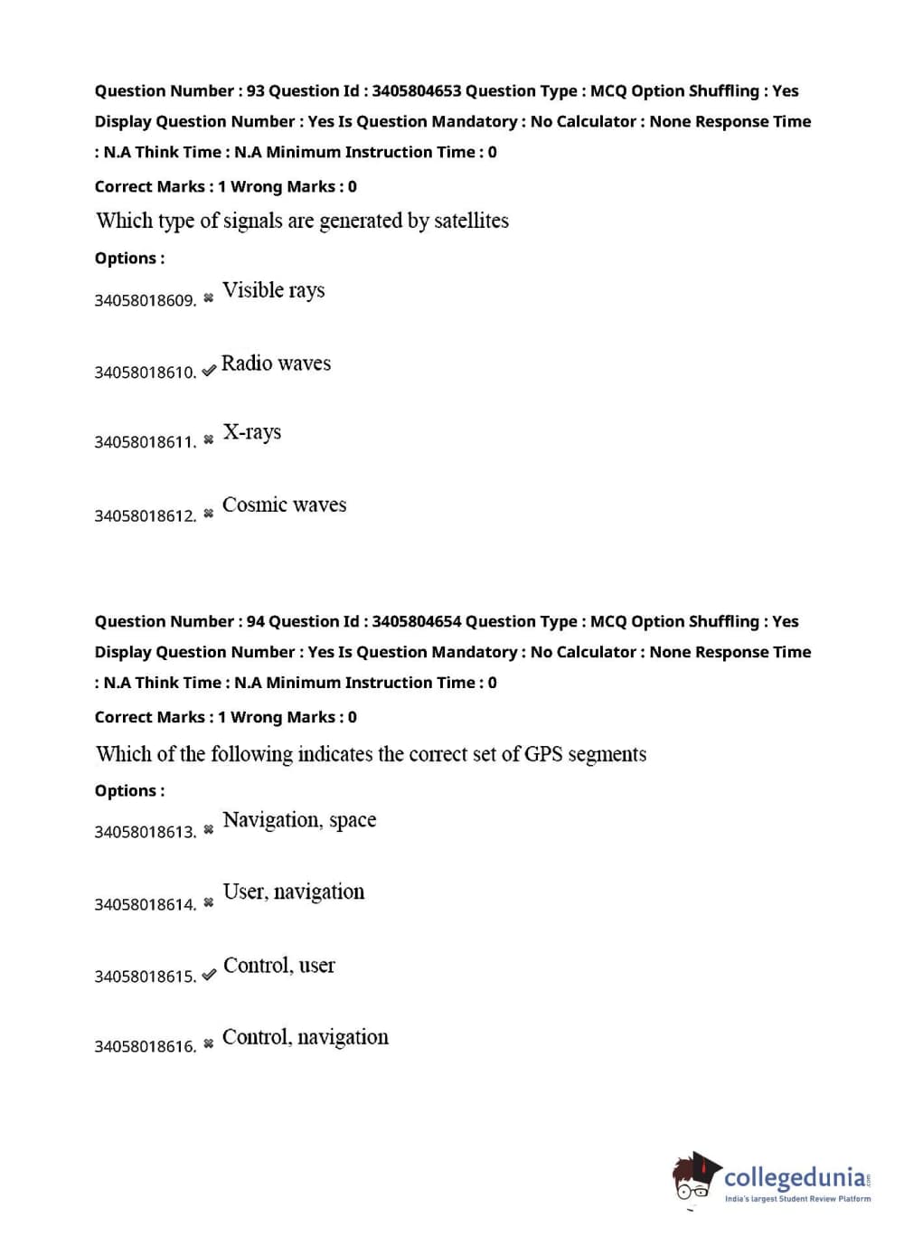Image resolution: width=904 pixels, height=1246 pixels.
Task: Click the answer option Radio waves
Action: (x=276, y=363)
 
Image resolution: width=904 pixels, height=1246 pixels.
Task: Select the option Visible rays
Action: (x=273, y=290)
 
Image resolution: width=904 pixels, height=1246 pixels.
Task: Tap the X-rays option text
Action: (x=251, y=432)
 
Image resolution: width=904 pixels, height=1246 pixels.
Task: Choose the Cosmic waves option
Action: (x=284, y=505)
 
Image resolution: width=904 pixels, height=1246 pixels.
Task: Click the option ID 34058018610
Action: (x=145, y=373)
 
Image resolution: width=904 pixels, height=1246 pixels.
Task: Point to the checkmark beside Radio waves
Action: (x=209, y=371)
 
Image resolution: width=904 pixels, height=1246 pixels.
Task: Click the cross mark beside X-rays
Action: (x=209, y=440)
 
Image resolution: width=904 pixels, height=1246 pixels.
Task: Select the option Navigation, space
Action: (x=299, y=820)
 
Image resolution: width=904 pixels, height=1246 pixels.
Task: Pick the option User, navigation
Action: (x=293, y=892)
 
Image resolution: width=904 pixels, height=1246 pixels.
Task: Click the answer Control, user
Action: (x=278, y=966)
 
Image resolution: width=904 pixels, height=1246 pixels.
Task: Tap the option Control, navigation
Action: (x=305, y=1037)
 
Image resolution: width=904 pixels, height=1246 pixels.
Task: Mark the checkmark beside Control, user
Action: (x=209, y=975)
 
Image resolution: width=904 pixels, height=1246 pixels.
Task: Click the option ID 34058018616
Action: (x=145, y=1047)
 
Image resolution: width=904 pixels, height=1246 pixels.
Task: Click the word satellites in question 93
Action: (x=471, y=221)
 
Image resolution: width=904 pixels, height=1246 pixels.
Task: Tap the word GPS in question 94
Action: (x=543, y=754)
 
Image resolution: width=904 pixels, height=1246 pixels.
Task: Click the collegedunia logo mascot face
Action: (x=694, y=1177)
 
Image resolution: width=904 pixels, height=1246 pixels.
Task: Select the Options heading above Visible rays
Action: (x=129, y=259)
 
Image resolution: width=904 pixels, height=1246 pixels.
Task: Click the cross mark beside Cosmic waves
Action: (x=209, y=514)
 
